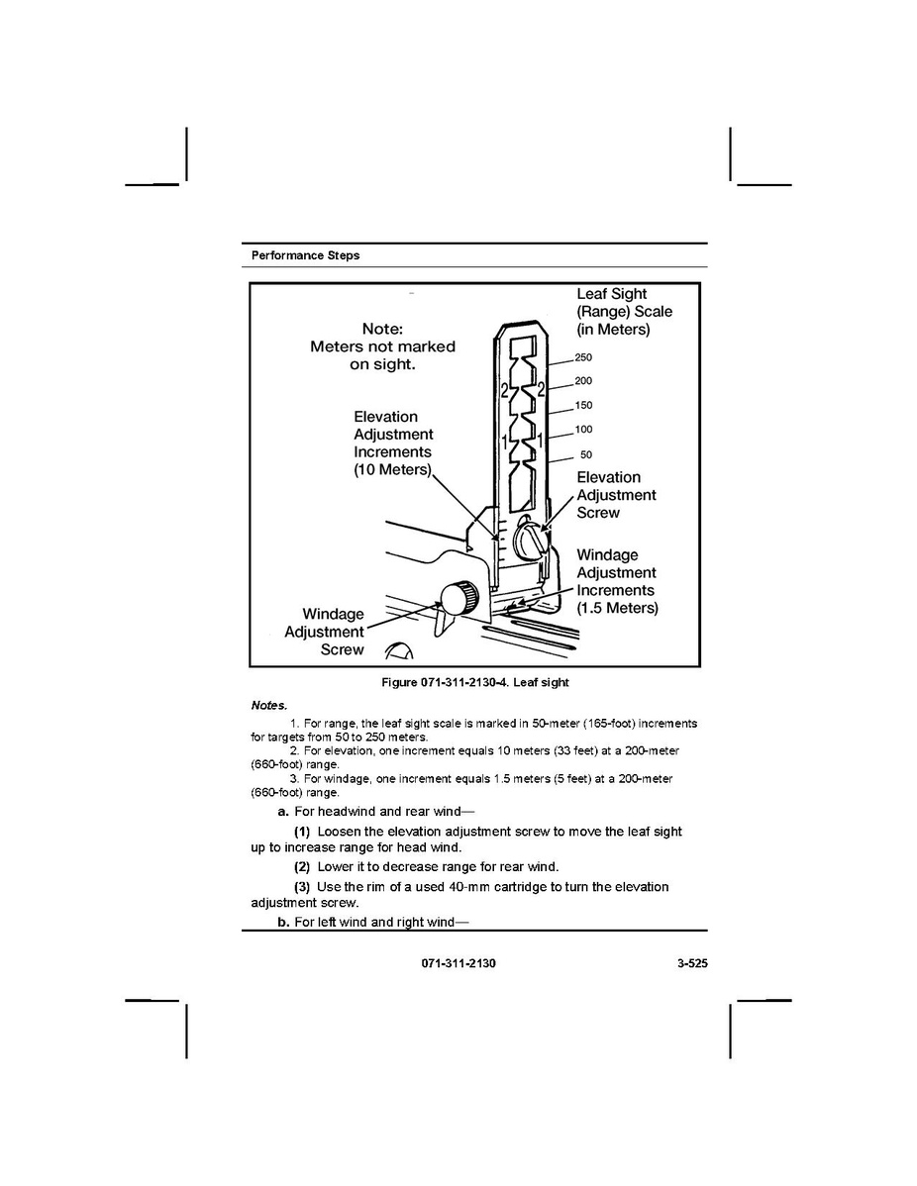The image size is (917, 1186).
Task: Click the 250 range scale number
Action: [583, 358]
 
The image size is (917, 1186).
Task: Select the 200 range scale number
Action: [583, 382]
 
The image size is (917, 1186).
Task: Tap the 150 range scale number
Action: [583, 406]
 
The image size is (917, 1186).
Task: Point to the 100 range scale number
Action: [583, 430]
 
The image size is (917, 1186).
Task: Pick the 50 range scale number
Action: [586, 455]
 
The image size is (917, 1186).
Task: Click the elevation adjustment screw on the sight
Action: [530, 541]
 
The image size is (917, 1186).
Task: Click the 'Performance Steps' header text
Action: [305, 255]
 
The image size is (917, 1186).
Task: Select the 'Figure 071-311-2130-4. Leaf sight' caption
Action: [475, 683]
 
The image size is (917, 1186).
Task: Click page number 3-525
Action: [684, 964]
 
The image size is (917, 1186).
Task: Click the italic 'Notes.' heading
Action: [268, 706]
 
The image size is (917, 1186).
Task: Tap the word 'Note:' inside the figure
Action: [382, 329]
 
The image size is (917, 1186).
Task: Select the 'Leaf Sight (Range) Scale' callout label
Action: [624, 311]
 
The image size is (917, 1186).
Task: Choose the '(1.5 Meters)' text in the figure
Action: [617, 608]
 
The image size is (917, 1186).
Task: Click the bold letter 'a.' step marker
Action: [283, 812]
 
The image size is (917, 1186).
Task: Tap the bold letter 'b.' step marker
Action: [283, 923]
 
